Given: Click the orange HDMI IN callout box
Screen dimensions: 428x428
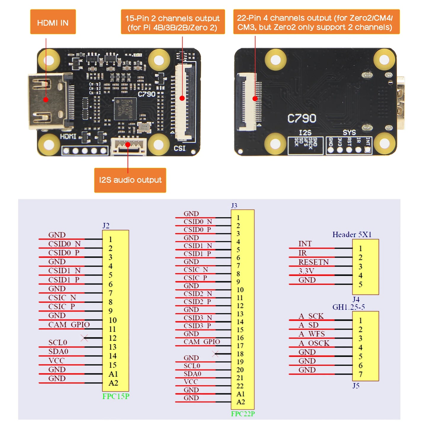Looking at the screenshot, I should pos(53,22).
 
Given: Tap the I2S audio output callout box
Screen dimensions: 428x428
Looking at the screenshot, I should pos(130,180).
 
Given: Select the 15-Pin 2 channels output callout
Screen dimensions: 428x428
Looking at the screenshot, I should pos(173,22).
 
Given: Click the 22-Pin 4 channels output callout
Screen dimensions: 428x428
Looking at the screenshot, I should pos(316,22).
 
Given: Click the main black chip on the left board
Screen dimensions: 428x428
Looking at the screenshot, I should pos(125,108).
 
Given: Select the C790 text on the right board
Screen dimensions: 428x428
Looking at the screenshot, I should pos(302,118).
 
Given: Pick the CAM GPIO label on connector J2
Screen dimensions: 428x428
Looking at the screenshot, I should pos(69,325).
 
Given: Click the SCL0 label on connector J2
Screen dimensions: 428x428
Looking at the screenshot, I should pos(58,343).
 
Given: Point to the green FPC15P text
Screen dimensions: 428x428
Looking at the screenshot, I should pos(116,396).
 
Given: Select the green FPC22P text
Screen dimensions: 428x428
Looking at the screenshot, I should pos(243,414).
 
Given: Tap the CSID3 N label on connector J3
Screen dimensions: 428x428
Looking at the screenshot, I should pos(198,318).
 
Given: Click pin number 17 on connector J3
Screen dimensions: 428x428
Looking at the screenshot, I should pos(240,346).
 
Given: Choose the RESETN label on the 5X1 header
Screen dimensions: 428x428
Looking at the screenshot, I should pos(313,262).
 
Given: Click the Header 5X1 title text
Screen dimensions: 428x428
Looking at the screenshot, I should pos(352,235).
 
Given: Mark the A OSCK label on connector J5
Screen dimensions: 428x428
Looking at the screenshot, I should pos(314,343).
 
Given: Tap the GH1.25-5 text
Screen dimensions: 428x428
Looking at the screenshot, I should pos(348,307).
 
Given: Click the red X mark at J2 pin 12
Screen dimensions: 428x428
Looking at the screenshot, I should pos(84,338).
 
